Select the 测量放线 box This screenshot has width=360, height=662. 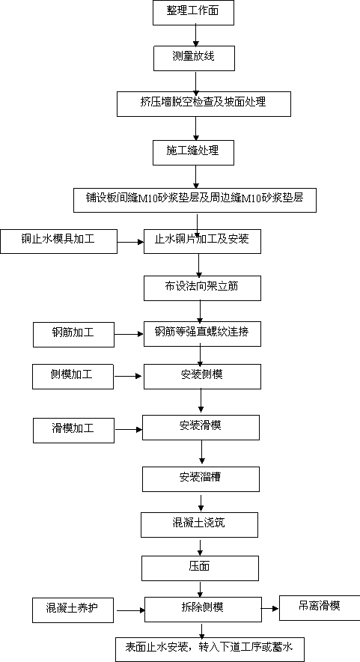pos(194,58)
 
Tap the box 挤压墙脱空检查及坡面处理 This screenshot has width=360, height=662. pos(204,104)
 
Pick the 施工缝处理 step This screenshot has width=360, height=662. pos(193,153)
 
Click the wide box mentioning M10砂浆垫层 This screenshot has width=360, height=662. pos(195,200)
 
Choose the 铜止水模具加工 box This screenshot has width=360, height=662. pos(58,241)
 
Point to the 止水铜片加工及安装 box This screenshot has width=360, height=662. pos(202,241)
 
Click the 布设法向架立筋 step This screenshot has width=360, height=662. pos(202,288)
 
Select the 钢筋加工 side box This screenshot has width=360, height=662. pos(73,335)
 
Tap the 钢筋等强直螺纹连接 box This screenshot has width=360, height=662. pos(202,335)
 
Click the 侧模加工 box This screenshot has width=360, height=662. pos(73,377)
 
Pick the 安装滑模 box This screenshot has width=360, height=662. pos(201,428)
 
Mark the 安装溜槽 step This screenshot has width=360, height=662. pos(201,479)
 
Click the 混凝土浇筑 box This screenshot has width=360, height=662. pos(199,525)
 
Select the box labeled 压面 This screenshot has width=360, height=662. pos(200,568)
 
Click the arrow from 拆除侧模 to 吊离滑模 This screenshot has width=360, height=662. pos(270,608)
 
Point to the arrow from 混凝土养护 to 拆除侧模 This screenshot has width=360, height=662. pos(131,610)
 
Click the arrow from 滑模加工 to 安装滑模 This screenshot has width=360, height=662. pos(129,430)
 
